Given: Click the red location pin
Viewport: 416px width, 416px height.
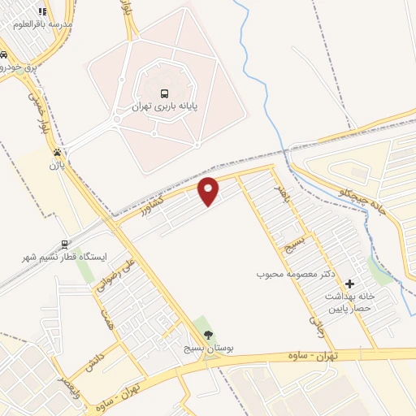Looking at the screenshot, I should click(x=210, y=190).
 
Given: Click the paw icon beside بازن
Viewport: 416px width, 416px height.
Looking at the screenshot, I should click(x=57, y=152).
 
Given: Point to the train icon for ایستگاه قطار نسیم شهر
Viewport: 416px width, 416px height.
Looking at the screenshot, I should click(x=64, y=244).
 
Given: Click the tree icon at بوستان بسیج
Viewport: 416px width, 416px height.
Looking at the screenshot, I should click(x=209, y=335).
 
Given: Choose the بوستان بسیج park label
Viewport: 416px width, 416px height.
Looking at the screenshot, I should click(x=208, y=348).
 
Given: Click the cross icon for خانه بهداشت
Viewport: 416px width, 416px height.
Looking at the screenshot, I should click(x=350, y=284).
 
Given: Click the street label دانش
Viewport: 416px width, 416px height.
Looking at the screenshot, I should click(x=93, y=352).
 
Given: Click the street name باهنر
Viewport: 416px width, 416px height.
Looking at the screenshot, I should click(x=279, y=194).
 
